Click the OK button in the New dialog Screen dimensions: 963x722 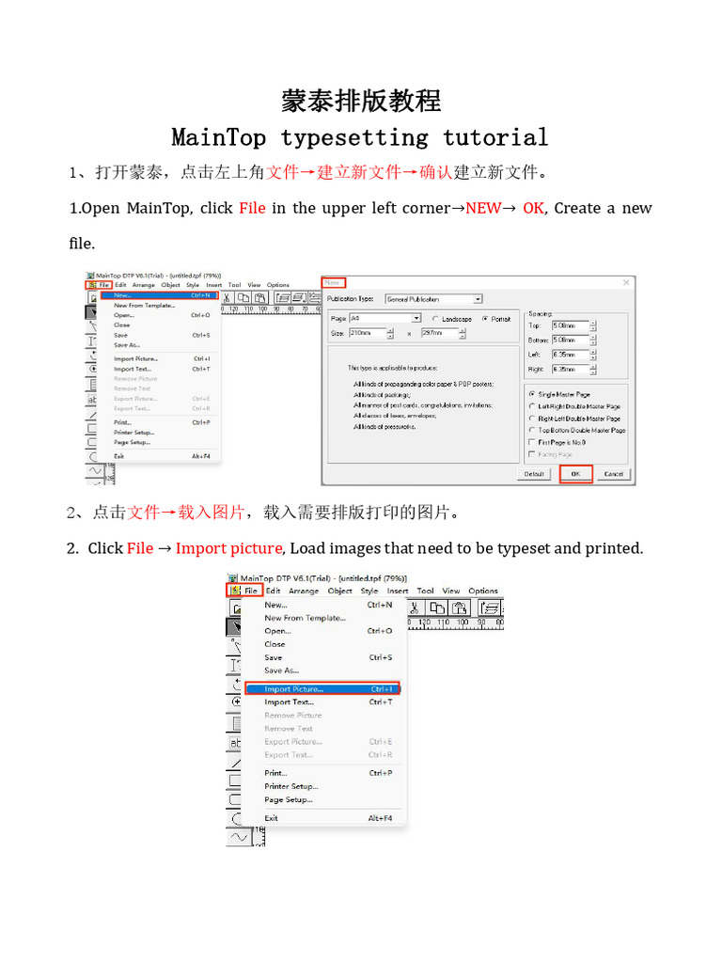point(575,474)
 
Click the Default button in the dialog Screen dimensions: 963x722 point(534,474)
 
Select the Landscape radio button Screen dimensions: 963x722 point(435,319)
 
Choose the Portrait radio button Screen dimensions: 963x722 point(485,319)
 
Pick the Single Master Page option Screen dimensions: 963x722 point(532,394)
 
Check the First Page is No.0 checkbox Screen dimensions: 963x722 point(532,442)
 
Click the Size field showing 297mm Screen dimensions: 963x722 point(442,333)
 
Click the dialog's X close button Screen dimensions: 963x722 point(627,282)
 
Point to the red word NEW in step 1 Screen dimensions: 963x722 point(483,208)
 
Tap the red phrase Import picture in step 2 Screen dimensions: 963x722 point(228,547)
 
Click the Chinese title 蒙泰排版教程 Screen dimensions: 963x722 point(361,101)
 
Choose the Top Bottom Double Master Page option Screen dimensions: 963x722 point(532,430)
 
